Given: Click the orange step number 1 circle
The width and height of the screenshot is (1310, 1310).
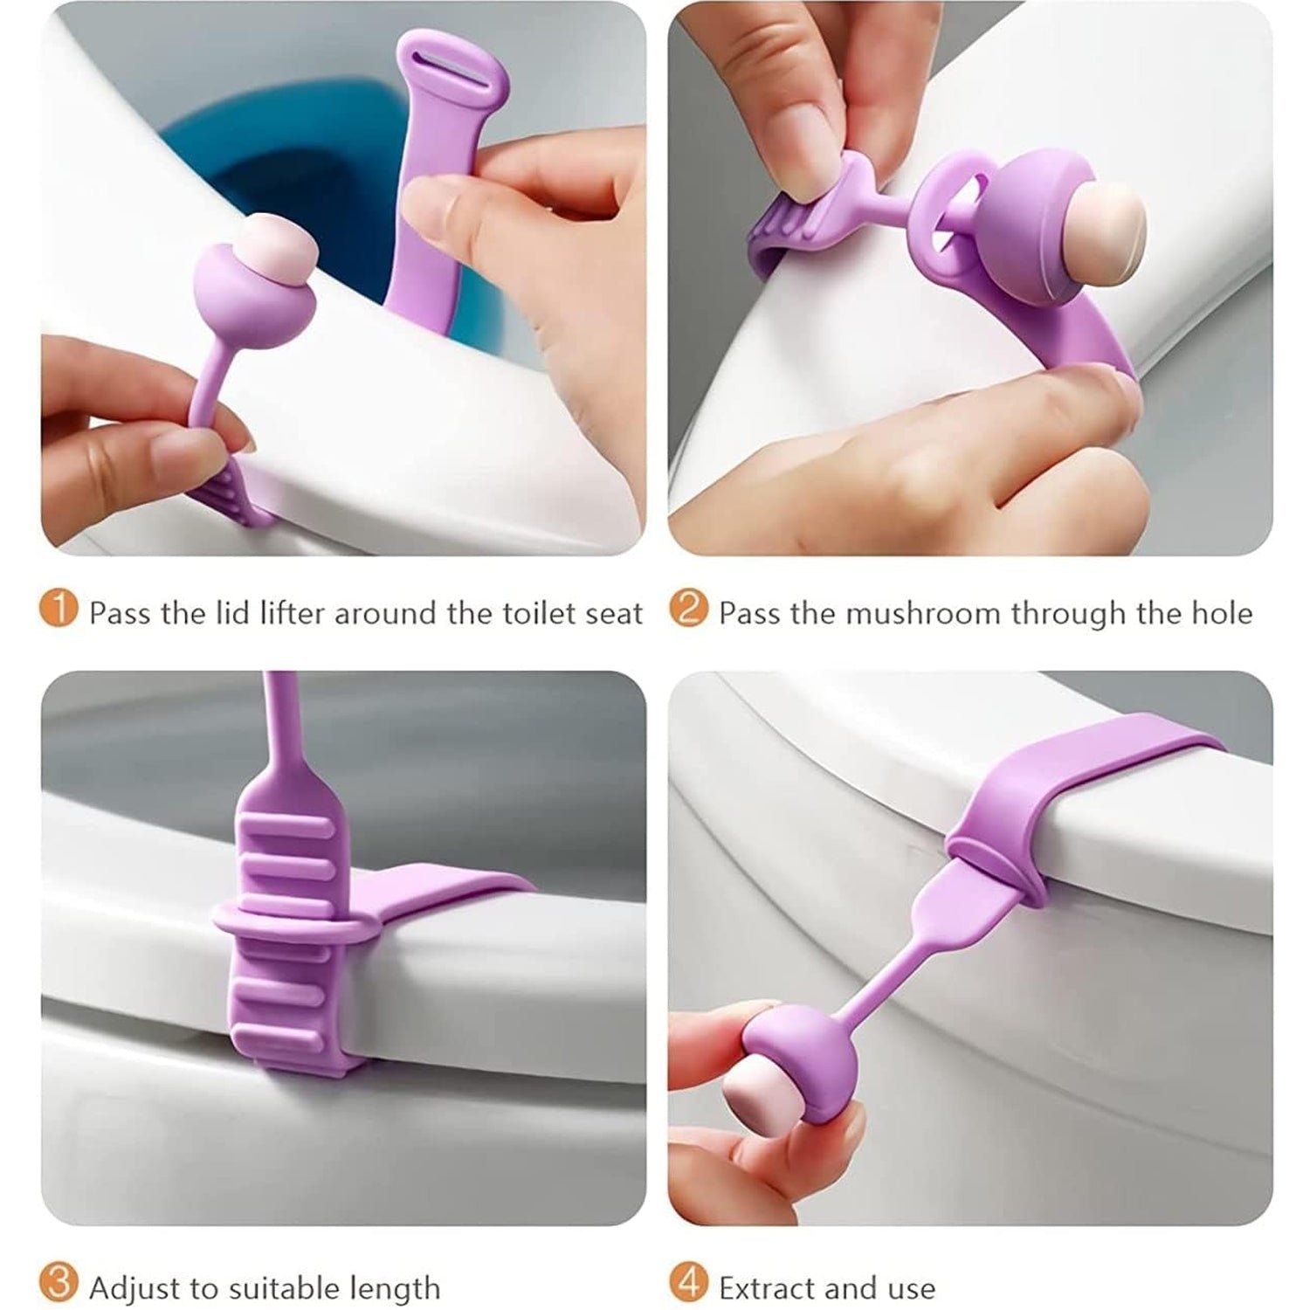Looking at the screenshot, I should click(59, 609).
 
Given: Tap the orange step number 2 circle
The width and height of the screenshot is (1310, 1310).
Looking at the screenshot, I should click(688, 609).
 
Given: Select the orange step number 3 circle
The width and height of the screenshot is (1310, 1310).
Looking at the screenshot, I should click(59, 1285).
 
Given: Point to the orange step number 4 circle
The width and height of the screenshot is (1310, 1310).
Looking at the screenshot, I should click(688, 1285).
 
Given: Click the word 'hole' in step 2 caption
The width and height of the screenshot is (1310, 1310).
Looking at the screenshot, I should click(1222, 613).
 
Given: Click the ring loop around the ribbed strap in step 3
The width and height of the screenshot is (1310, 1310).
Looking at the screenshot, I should click(288, 922).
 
